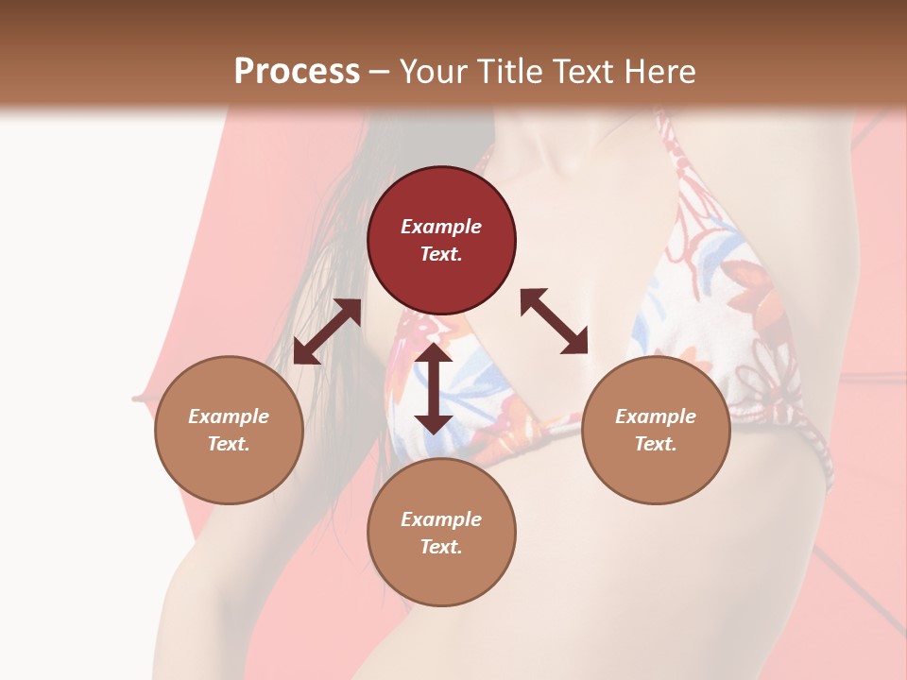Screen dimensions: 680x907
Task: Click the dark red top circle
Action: (x=441, y=240)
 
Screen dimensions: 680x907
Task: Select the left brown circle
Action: (x=229, y=430)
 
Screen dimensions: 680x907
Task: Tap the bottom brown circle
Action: (x=441, y=533)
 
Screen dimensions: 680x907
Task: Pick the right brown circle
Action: (x=656, y=430)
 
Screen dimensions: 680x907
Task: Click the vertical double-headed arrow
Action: (x=434, y=388)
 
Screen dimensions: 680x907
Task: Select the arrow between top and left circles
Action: (x=327, y=331)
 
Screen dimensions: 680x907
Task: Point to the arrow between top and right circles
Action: (x=554, y=321)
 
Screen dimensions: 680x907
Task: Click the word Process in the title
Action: (x=297, y=72)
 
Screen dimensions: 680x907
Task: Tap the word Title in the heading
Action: (x=510, y=72)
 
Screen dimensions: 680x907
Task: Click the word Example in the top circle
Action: (x=441, y=227)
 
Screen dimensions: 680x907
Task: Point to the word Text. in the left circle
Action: (x=229, y=444)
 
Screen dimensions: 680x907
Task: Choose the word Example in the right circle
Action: (x=656, y=416)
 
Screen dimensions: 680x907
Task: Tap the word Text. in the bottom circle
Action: (x=441, y=547)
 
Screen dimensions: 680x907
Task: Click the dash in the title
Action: (x=380, y=73)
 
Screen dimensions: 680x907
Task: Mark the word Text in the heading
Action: (x=583, y=72)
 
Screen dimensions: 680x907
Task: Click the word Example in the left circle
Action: (x=229, y=416)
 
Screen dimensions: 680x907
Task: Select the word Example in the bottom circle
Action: (x=441, y=519)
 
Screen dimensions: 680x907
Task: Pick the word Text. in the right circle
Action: (x=656, y=444)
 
